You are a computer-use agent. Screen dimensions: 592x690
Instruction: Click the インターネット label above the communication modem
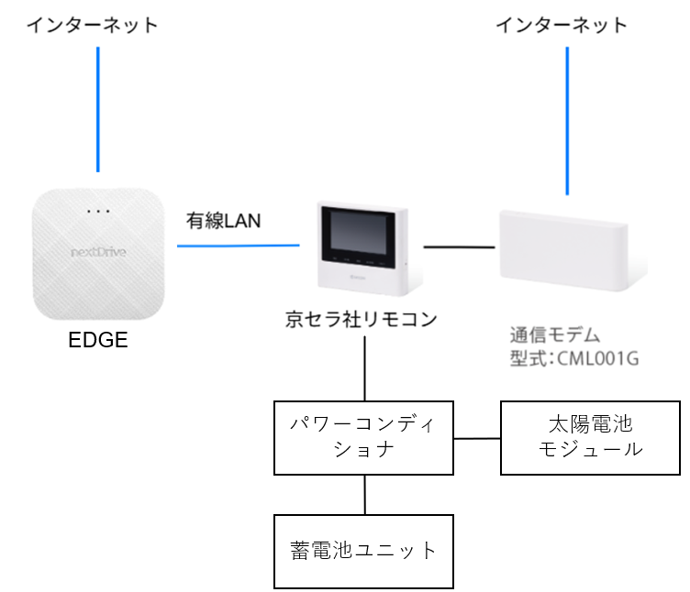point(562,25)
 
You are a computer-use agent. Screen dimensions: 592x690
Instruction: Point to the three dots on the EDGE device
point(97,212)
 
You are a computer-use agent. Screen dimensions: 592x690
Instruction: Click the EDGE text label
point(98,342)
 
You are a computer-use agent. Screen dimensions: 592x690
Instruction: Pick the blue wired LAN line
point(239,245)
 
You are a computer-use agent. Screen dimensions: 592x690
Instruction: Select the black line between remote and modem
point(459,247)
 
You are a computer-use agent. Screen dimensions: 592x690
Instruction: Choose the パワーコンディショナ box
point(365,437)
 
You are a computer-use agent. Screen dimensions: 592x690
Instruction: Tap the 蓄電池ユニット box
point(365,551)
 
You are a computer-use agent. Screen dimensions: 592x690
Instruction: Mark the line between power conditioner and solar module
point(477,438)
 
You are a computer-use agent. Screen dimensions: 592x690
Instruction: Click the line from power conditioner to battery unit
point(365,494)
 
